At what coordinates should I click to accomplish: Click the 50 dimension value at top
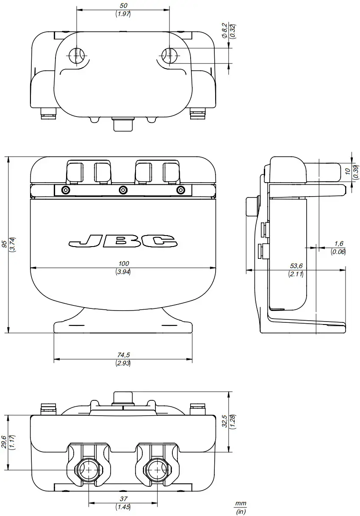coord(123,6)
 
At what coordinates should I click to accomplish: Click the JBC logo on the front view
coord(123,241)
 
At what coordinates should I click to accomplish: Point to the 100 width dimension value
coord(123,264)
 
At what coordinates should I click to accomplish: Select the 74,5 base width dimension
coord(123,355)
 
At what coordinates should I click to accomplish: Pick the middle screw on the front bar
coord(123,189)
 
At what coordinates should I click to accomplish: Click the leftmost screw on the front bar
coord(65,189)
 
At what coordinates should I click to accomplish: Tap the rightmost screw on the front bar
coord(181,189)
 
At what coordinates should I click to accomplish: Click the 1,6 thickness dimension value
coord(338,243)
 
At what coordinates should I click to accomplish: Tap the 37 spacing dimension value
coord(123,499)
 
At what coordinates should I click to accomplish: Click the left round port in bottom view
coord(89,470)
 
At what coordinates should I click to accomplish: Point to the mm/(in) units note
coord(241,507)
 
